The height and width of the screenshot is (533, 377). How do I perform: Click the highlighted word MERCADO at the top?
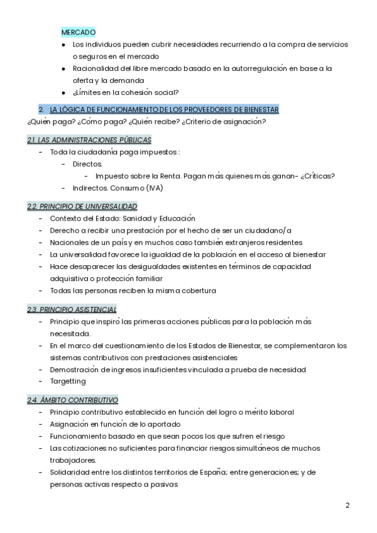[x=79, y=31]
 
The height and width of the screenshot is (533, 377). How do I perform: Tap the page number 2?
[x=347, y=505]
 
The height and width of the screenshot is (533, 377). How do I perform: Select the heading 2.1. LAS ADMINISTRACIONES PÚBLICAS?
[x=89, y=140]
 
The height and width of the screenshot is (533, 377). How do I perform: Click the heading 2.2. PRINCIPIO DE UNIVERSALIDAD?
[x=82, y=206]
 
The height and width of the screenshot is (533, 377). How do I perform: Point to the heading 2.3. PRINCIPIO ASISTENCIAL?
[x=72, y=309]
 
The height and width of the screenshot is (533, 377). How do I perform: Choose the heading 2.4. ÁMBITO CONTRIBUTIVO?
[x=72, y=400]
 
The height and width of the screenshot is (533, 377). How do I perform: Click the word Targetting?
[x=68, y=382]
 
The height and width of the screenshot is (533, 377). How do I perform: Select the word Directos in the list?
[x=87, y=164]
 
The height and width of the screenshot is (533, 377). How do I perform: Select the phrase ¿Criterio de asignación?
[x=224, y=121]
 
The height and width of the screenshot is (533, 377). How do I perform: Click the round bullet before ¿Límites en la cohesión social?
[x=64, y=92]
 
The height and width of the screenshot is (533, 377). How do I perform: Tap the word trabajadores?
[x=72, y=460]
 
